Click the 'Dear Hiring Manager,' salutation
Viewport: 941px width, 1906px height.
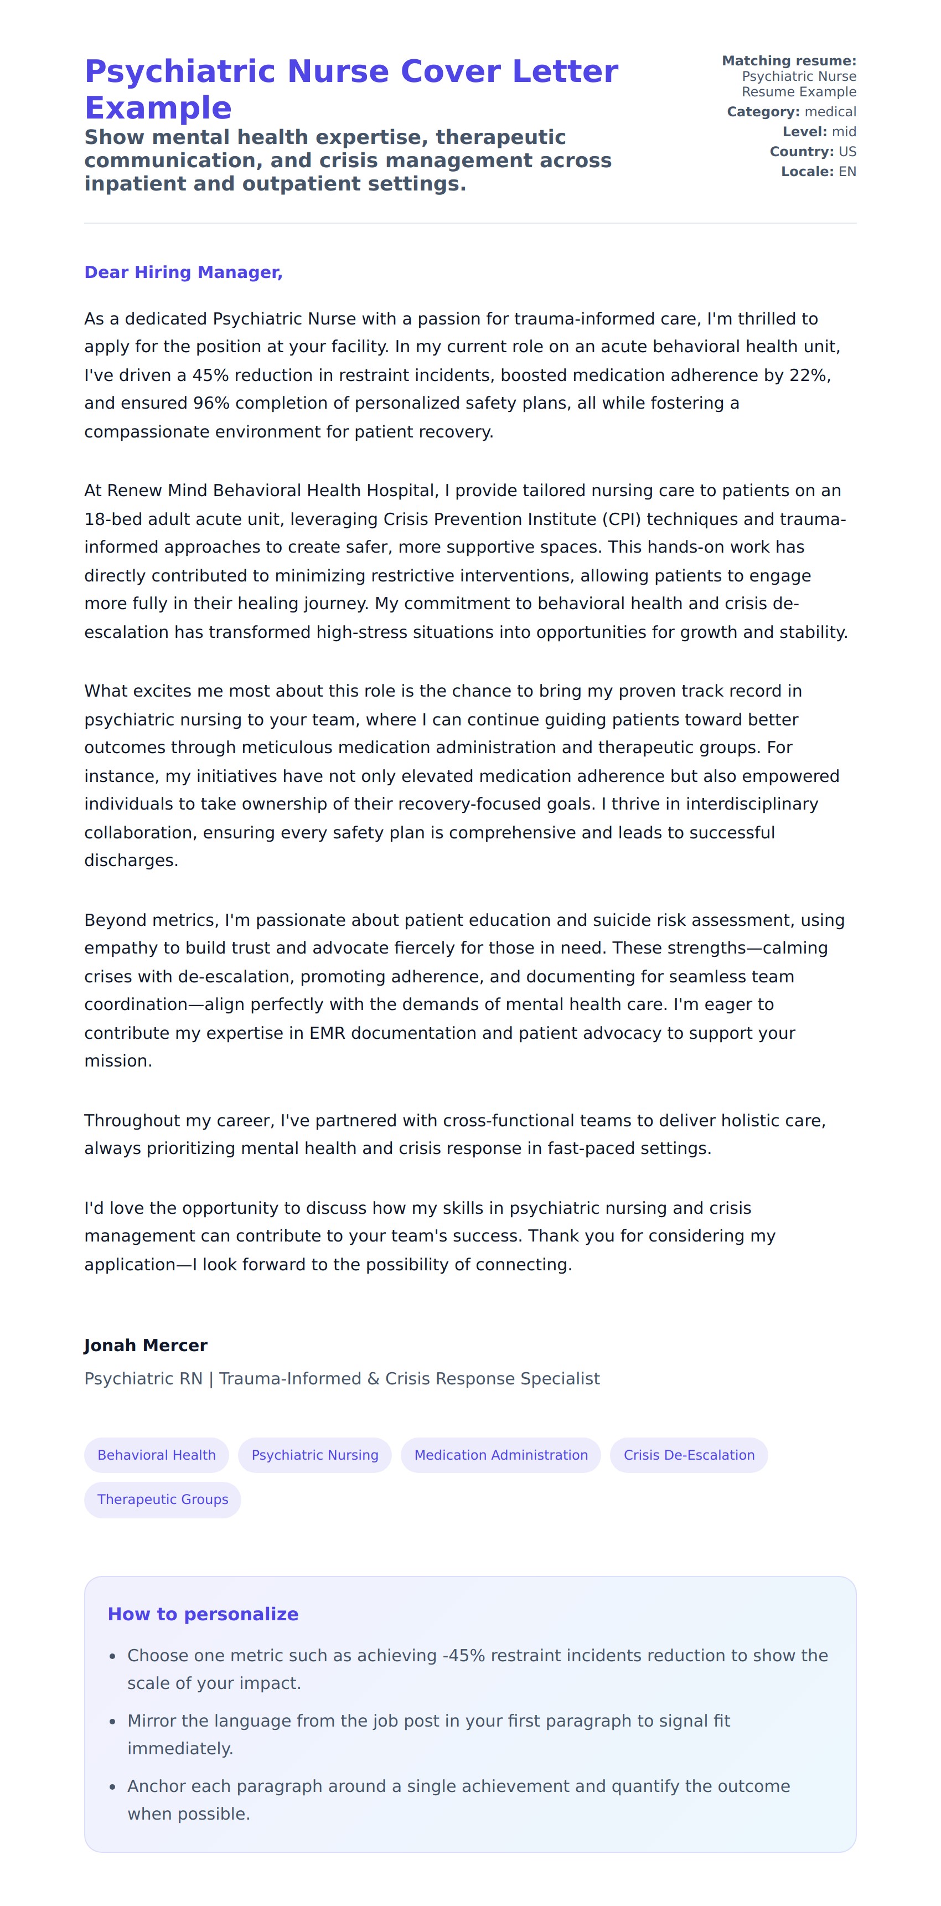183,272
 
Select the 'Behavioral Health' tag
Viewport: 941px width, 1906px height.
157,1455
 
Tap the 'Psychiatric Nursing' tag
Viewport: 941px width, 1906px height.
314,1455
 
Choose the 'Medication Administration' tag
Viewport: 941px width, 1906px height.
501,1455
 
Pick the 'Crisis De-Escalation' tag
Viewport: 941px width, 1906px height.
689,1455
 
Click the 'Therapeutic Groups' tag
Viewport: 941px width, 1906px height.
163,1499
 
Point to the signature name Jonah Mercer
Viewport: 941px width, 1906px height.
146,1345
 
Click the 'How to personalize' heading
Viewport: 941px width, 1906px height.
203,1614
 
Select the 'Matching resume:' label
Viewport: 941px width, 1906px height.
789,61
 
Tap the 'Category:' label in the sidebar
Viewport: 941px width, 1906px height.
763,112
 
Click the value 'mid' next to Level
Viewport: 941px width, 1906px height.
844,132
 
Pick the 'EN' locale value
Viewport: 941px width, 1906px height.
847,172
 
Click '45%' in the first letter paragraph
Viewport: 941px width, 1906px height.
211,375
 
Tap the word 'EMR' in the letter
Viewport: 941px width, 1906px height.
327,1033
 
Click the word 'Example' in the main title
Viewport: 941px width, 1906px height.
158,108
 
